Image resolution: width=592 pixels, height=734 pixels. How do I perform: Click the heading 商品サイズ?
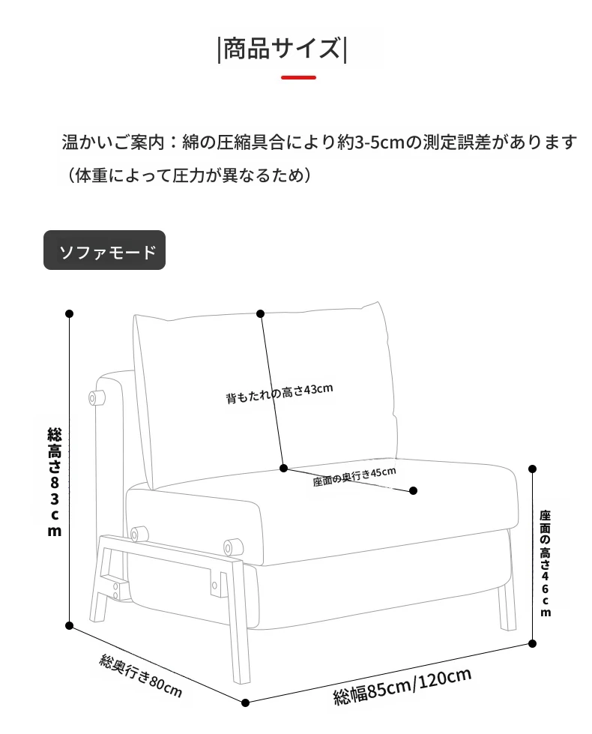pyautogui.click(x=282, y=49)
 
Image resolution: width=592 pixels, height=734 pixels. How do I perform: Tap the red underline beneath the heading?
pyautogui.click(x=298, y=77)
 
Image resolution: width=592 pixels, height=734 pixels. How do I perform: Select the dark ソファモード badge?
pyautogui.click(x=104, y=250)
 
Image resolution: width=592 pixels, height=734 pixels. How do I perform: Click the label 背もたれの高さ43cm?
pyautogui.click(x=280, y=394)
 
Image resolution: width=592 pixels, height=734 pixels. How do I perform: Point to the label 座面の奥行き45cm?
pyautogui.click(x=354, y=477)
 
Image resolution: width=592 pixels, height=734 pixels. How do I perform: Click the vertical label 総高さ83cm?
pyautogui.click(x=55, y=481)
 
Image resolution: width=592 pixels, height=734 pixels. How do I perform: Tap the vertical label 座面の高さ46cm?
pyautogui.click(x=546, y=563)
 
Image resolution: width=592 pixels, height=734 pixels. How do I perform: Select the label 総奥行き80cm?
pyautogui.click(x=140, y=676)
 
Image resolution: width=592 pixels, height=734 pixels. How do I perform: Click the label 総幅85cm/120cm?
pyautogui.click(x=402, y=686)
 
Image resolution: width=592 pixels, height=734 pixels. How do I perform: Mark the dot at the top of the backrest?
pyautogui.click(x=261, y=313)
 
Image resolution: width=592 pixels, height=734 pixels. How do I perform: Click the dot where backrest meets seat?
pyautogui.click(x=283, y=468)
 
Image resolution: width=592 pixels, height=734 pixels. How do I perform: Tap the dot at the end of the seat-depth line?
pyautogui.click(x=413, y=490)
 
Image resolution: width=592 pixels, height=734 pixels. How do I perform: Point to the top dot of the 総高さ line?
pyautogui.click(x=69, y=313)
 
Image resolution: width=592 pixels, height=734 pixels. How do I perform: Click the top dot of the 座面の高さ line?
pyautogui.click(x=532, y=469)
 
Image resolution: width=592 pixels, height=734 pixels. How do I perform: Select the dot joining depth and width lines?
pyautogui.click(x=245, y=703)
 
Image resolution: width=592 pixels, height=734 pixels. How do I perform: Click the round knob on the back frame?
pyautogui.click(x=97, y=398)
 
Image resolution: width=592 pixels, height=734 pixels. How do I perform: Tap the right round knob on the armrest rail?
pyautogui.click(x=234, y=547)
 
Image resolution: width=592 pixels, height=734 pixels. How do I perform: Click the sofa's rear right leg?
pyautogui.click(x=507, y=607)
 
